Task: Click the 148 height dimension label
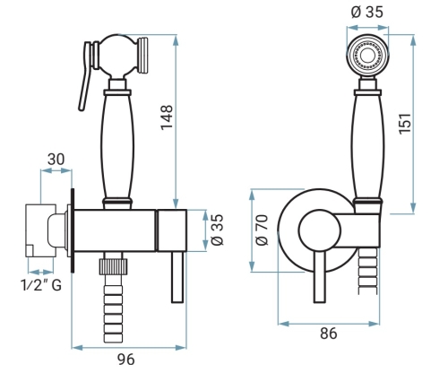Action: point(167,117)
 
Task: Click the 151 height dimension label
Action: point(405,124)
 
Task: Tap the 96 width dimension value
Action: point(125,360)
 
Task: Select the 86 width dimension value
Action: point(329,334)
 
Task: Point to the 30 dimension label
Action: point(56,160)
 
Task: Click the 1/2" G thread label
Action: point(41,285)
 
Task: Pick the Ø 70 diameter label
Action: point(263,230)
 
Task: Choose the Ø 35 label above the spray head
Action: point(367,12)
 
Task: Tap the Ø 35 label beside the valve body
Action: point(218,230)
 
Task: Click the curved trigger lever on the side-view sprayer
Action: point(84,76)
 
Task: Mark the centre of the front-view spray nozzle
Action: point(367,56)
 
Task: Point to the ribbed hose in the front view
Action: point(367,268)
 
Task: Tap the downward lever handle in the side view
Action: point(177,277)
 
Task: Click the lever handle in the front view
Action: point(320,276)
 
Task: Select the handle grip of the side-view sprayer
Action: point(117,146)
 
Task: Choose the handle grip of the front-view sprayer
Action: point(367,146)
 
